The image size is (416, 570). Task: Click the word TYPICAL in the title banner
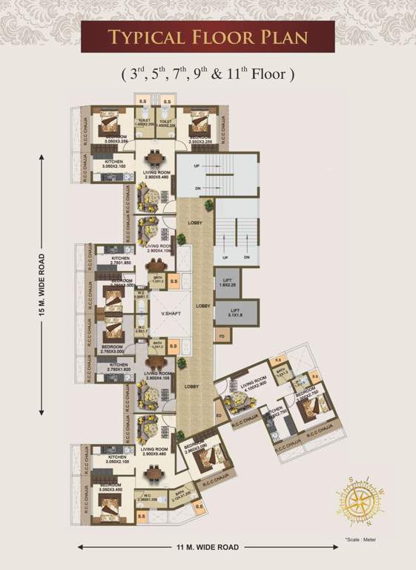[145, 37]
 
